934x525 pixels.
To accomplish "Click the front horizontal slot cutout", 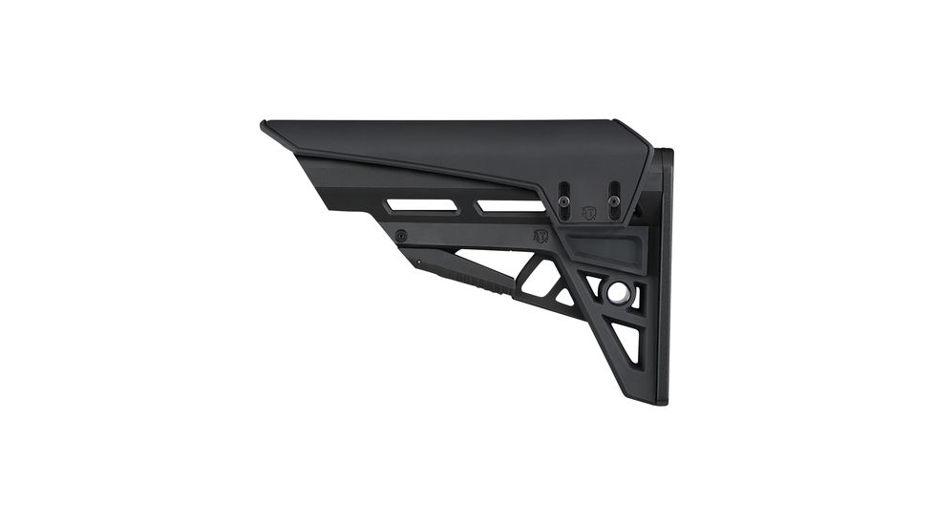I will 421,205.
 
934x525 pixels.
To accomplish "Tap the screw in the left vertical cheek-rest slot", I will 564,199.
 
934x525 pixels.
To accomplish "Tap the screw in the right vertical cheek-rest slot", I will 614,199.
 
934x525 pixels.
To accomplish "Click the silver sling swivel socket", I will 619,291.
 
